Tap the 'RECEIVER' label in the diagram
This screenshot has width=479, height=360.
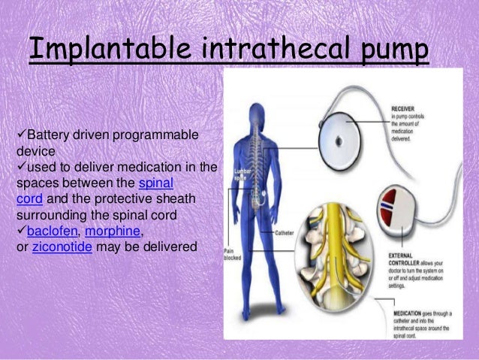[406, 108]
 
